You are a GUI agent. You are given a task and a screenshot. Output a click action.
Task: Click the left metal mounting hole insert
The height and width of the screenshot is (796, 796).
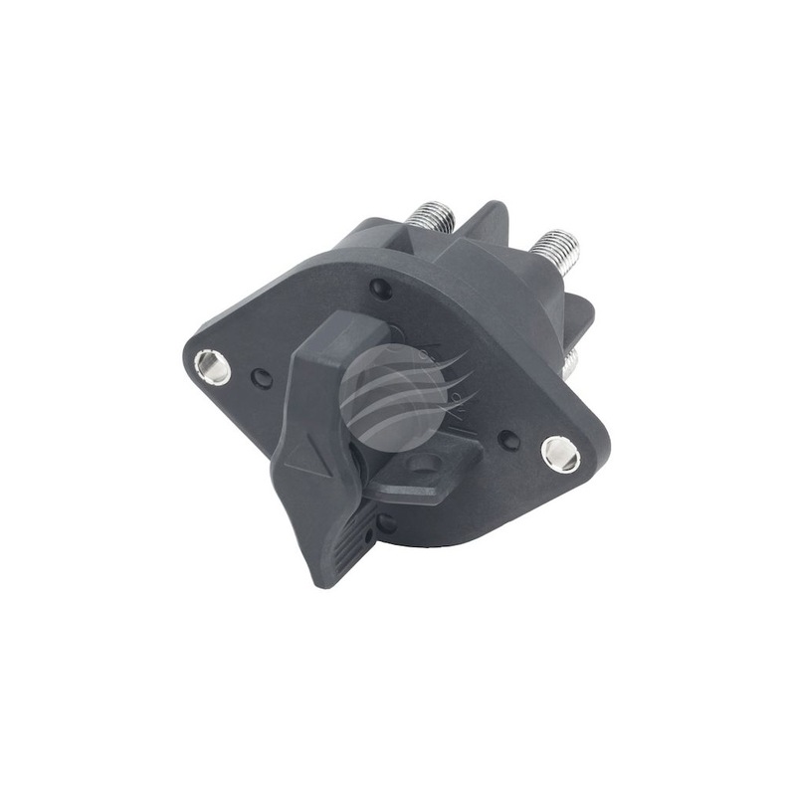pyautogui.click(x=212, y=367)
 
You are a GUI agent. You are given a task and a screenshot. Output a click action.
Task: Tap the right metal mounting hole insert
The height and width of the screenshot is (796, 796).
pyautogui.click(x=560, y=454)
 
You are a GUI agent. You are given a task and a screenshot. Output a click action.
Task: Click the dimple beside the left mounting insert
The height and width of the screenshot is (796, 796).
pyautogui.click(x=261, y=378)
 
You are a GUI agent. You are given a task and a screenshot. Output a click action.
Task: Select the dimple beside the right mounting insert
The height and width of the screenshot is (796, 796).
pyautogui.click(x=508, y=439)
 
